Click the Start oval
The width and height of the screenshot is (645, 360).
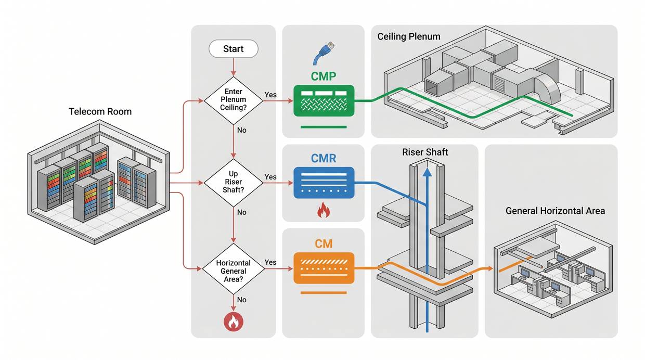coord(233,49)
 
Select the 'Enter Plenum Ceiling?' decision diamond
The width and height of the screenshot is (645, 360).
coord(233,99)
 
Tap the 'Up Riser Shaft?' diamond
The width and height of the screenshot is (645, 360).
coord(233,183)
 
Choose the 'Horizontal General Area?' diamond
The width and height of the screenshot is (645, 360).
coord(233,271)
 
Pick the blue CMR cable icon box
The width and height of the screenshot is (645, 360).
coord(324,182)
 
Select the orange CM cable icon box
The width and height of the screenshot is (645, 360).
coord(324,268)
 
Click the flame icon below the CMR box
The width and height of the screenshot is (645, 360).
coord(323,210)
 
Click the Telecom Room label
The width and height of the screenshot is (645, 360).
coord(100,111)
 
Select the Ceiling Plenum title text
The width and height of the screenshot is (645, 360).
coord(409,36)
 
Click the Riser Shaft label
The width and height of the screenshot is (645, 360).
coord(425,152)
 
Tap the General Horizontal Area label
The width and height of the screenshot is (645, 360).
coord(555,211)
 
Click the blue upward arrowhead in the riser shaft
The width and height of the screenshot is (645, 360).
coord(427,173)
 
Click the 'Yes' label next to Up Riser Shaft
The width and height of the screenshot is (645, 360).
coord(270,177)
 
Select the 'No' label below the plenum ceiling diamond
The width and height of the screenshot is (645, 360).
coord(241,130)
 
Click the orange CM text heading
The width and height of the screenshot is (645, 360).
coord(324,243)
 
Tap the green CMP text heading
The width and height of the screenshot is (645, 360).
coord(324,76)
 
